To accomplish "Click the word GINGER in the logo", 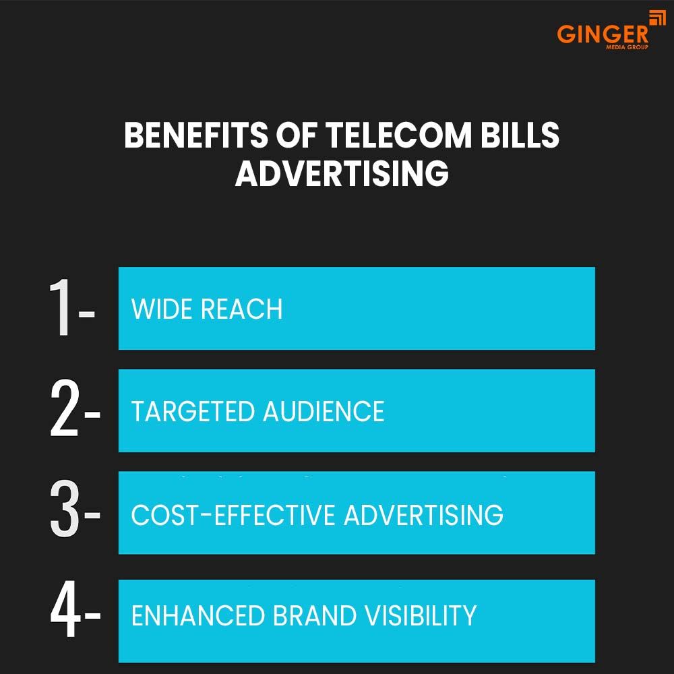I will pyautogui.click(x=601, y=34).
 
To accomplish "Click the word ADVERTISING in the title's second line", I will pyautogui.click(x=342, y=174).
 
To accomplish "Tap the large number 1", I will pyautogui.click(x=61, y=309).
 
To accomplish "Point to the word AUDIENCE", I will pyautogui.click(x=323, y=412).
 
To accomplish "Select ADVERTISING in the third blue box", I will pyautogui.click(x=423, y=515).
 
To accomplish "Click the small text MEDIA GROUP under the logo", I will pyautogui.click(x=629, y=48).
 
